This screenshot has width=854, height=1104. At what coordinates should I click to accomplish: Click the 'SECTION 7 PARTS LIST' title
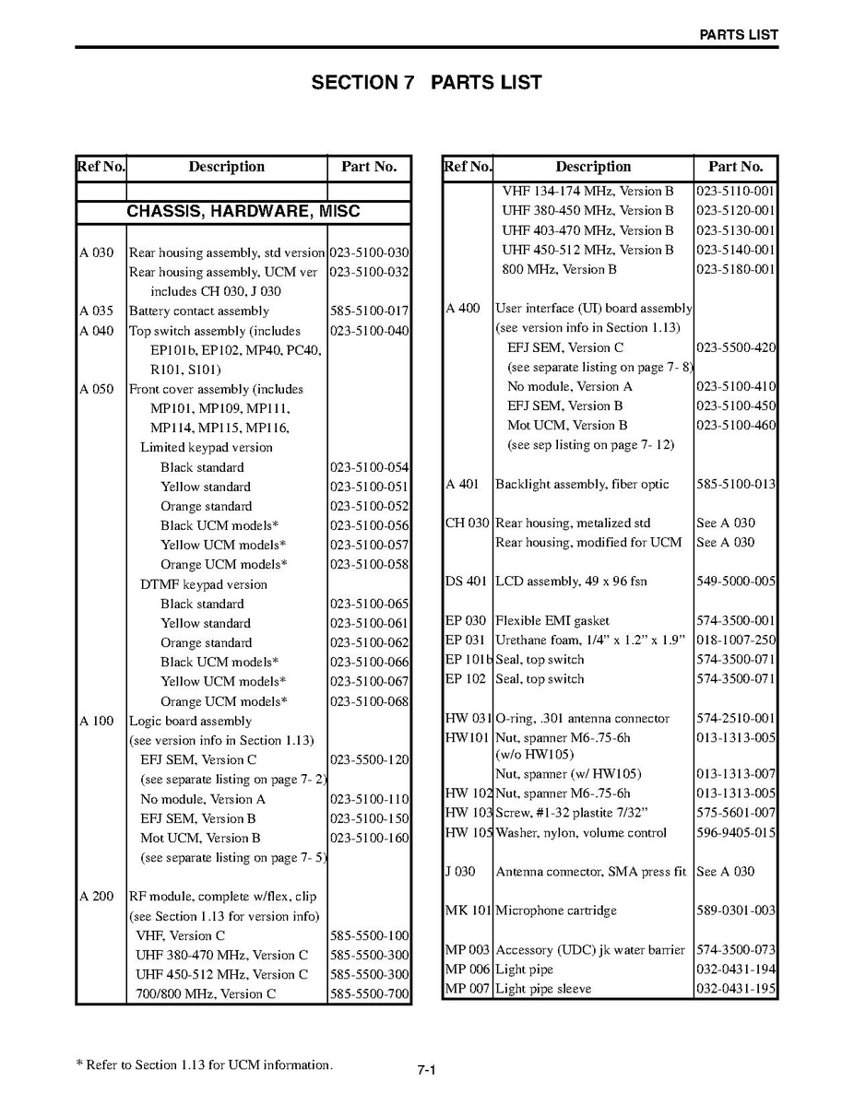click(x=426, y=83)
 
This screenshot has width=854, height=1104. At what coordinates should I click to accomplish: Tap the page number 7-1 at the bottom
click(x=426, y=1071)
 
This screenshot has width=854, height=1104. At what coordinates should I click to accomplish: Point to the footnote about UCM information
click(x=204, y=1065)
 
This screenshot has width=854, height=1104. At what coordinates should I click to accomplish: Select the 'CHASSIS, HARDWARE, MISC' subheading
click(x=243, y=212)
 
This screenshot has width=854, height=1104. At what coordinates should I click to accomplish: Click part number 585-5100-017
click(x=369, y=311)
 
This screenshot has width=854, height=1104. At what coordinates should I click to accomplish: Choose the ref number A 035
click(x=97, y=311)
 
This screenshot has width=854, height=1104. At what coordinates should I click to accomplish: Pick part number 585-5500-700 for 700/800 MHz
click(x=369, y=994)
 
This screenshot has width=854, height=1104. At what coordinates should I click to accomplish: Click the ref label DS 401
click(x=467, y=581)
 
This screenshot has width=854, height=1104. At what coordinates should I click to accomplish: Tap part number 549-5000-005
click(x=736, y=581)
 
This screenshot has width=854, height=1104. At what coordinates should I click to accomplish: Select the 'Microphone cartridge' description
click(x=556, y=910)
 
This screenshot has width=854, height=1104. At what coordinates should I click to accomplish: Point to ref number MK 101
click(x=468, y=910)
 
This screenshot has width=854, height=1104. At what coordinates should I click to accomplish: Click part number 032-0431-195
click(x=736, y=989)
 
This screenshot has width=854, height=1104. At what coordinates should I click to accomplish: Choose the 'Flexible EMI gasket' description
click(x=552, y=621)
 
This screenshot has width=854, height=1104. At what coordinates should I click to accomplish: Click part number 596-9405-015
click(x=736, y=833)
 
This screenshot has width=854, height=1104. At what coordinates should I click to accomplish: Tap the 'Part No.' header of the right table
click(x=736, y=167)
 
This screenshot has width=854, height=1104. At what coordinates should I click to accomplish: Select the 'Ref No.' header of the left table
click(x=101, y=167)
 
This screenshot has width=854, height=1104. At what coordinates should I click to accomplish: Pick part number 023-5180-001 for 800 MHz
click(x=736, y=270)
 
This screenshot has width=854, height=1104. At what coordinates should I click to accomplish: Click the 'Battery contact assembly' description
click(x=199, y=311)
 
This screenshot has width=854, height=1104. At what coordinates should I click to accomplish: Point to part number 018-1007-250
click(x=736, y=640)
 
